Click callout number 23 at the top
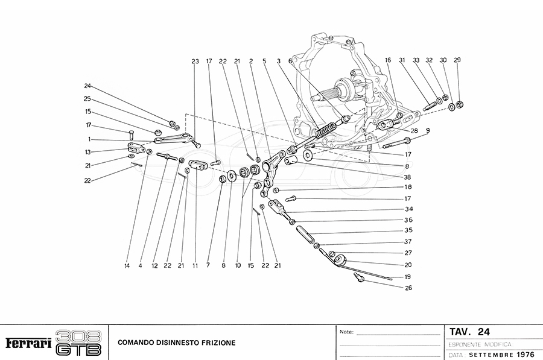pyautogui.click(x=195, y=62)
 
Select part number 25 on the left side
pyautogui.click(x=87, y=99)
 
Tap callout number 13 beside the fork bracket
pyautogui.click(x=87, y=152)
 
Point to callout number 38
pyautogui.click(x=408, y=177)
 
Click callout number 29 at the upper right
pyautogui.click(x=457, y=60)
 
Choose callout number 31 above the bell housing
pyautogui.click(x=401, y=60)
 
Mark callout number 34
pyautogui.click(x=408, y=209)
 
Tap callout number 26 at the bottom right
pyautogui.click(x=408, y=288)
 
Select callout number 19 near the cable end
pyautogui.click(x=408, y=277)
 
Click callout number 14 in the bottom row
pyautogui.click(x=127, y=265)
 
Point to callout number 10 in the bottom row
pyautogui.click(x=238, y=265)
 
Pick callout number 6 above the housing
pyautogui.click(x=290, y=61)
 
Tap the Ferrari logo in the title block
pyautogui.click(x=28, y=344)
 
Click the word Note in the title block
pyautogui.click(x=346, y=332)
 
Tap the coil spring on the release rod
pyautogui.click(x=326, y=128)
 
